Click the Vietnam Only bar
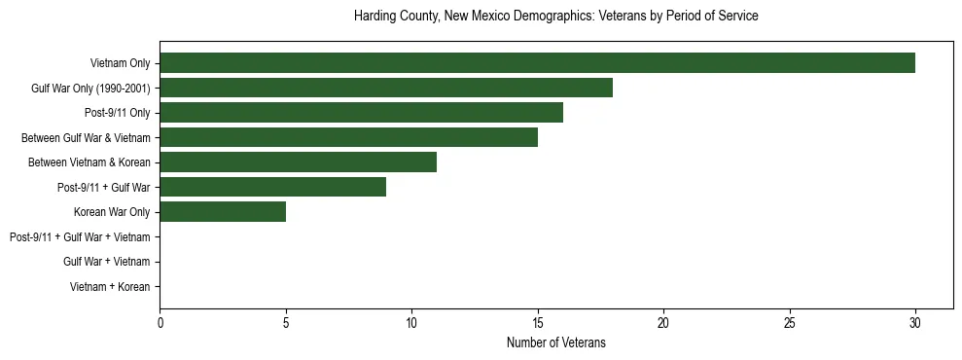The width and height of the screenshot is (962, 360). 537,63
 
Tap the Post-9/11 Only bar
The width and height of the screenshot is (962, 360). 361,113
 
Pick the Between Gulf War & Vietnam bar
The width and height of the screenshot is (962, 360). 348,138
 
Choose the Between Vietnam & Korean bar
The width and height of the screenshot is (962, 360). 298,162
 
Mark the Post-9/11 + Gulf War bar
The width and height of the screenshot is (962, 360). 272,187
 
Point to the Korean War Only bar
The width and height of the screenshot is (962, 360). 223,212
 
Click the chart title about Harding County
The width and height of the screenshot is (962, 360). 555,17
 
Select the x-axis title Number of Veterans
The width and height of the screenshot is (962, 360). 555,343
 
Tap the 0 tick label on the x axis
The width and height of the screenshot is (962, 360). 160,323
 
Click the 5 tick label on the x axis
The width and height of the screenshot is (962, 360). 286,323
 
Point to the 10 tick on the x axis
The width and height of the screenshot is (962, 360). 411,323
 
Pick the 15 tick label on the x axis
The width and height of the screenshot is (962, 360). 538,323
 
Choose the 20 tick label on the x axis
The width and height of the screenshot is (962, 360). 663,323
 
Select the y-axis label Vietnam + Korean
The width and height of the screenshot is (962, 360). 110,287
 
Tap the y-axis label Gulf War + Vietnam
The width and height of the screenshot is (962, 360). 106,262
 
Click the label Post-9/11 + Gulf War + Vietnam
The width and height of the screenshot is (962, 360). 80,237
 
